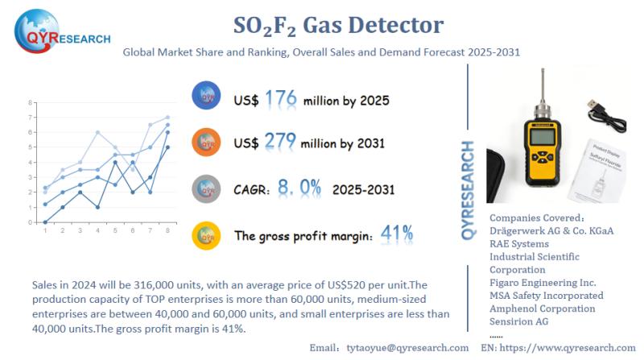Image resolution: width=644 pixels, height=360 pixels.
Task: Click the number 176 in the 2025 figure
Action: [x=281, y=99]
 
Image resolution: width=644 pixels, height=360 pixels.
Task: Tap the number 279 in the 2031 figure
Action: [x=281, y=143]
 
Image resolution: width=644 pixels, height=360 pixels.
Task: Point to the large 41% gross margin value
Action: [x=396, y=234]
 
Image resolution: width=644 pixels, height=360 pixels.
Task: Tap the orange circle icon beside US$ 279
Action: [x=208, y=142]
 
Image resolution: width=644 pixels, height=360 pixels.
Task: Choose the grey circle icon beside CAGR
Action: [x=208, y=188]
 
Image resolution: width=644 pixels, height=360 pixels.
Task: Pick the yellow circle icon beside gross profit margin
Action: [x=208, y=235]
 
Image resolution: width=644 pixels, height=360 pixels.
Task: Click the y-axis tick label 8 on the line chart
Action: [x=30, y=103]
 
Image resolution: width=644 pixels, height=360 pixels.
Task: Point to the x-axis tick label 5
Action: [x=115, y=230]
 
